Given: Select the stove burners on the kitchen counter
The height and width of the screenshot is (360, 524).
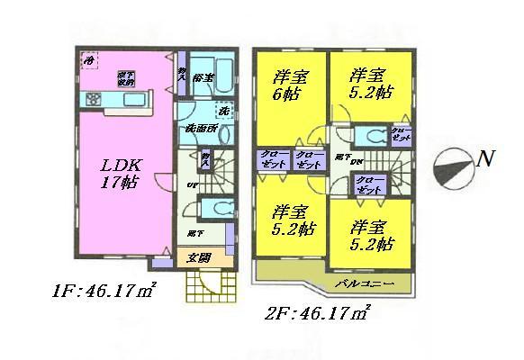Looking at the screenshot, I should tap(93, 98).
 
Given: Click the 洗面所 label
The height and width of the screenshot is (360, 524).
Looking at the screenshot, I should tap(200, 130).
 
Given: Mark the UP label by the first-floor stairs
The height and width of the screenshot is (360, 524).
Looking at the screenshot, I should tap(191, 185).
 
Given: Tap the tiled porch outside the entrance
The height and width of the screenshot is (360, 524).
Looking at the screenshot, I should tap(203, 287).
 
